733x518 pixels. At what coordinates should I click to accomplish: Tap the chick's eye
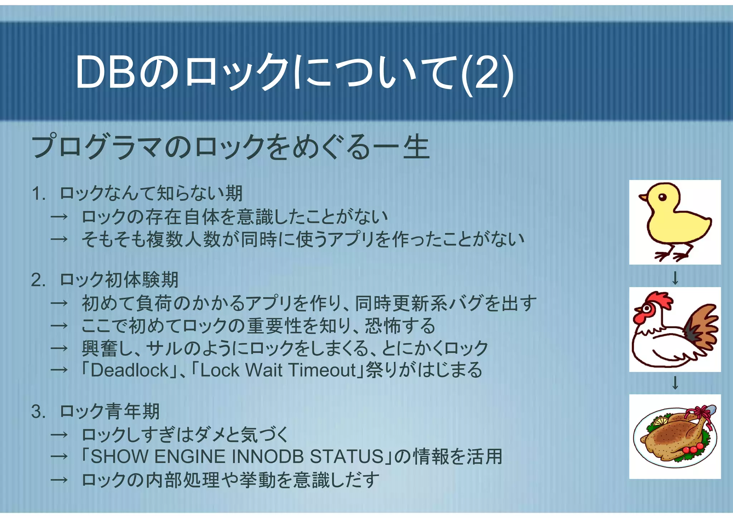[x=662, y=197]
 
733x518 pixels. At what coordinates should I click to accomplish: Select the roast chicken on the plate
[x=673, y=439]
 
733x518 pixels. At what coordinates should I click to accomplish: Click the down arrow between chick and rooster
[x=675, y=278]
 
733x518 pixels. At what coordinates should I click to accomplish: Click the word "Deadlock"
[x=129, y=370]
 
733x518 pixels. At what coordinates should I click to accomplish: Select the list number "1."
[x=39, y=194]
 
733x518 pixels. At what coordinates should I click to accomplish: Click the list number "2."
[x=39, y=280]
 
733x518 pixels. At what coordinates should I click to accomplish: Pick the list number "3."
[x=39, y=412]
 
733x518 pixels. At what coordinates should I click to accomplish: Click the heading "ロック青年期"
[x=110, y=412]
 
